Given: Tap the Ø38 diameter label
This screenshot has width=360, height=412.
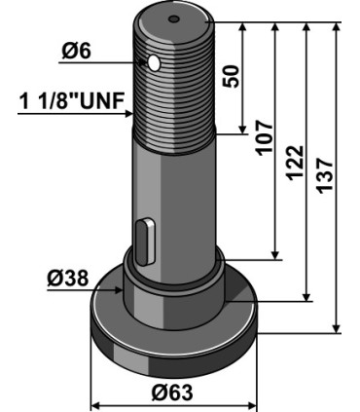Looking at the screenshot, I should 67,279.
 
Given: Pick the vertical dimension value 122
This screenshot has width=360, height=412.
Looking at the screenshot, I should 296,158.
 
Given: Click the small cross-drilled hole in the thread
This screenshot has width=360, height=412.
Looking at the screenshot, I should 154,63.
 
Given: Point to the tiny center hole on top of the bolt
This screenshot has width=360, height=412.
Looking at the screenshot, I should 172,19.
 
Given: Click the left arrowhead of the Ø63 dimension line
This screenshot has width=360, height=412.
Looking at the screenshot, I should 94,400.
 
